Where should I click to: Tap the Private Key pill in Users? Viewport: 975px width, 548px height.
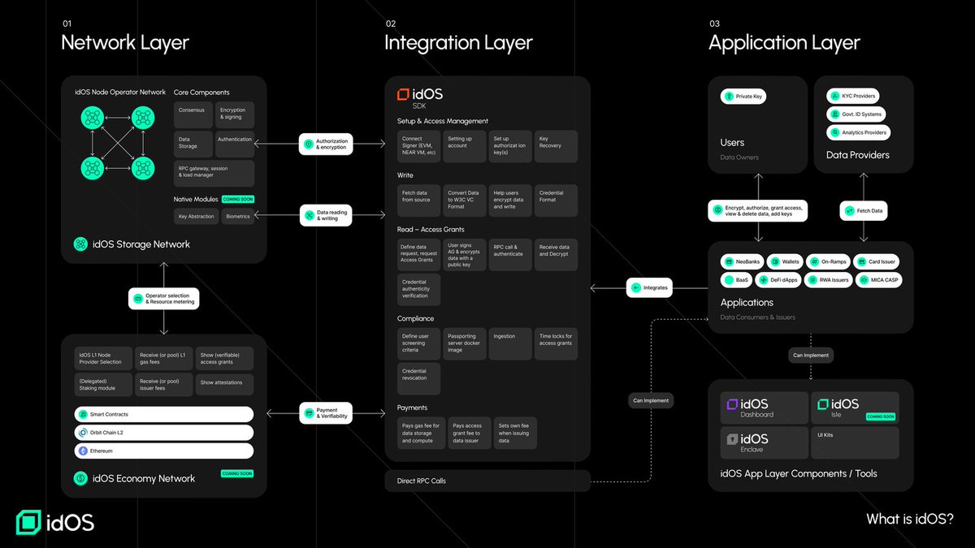743,97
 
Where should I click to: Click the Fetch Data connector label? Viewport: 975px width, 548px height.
864,211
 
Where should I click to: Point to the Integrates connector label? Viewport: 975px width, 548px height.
649,287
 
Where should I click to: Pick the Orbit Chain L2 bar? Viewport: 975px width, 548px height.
164,433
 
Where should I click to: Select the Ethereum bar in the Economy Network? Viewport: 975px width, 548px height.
164,451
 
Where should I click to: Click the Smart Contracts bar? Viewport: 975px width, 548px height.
164,415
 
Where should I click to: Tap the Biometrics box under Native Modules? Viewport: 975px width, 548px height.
237,216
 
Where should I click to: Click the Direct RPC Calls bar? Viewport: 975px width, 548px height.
487,481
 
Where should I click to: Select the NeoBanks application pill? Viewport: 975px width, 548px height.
741,262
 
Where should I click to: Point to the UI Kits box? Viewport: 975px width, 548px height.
855,442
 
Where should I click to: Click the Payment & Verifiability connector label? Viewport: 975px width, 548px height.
325,413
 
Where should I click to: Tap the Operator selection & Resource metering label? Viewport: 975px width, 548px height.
164,298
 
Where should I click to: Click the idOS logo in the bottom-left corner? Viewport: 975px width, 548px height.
55,522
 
